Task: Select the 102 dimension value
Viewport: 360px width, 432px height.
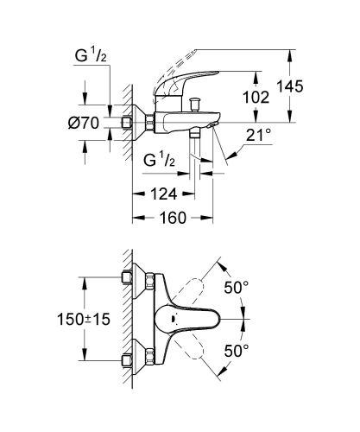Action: pos(256,98)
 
